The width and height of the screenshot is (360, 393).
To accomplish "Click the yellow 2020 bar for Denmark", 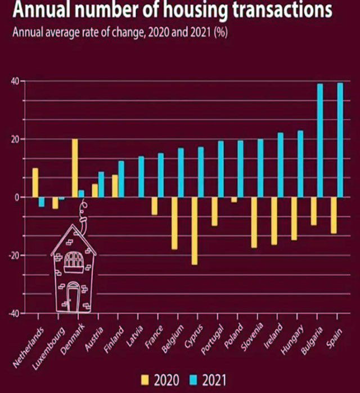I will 75,168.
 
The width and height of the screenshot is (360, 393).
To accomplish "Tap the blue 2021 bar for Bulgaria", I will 320,140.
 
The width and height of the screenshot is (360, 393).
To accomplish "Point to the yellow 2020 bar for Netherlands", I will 35,182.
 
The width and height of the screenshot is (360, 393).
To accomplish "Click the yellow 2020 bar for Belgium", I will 175,223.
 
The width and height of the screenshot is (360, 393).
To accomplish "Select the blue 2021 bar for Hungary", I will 300,164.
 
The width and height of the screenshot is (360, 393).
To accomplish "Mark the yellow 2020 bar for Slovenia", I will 254,222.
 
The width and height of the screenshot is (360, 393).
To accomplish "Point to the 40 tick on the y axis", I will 14,81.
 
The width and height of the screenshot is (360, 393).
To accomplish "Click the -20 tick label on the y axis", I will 12,255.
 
